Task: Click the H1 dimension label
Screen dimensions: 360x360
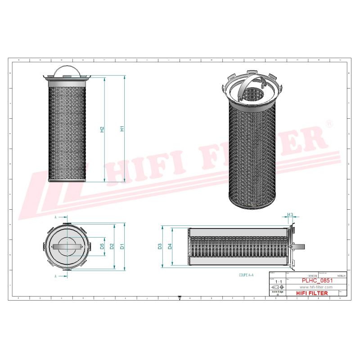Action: tap(121, 129)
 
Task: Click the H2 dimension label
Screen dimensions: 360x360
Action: tap(102, 129)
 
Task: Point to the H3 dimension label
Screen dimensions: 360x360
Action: tap(290, 214)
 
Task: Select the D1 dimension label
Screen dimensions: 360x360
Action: tap(122, 246)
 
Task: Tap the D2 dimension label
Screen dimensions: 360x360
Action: tap(112, 246)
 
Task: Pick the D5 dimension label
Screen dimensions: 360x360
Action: tap(102, 246)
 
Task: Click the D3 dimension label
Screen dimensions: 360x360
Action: tap(160, 246)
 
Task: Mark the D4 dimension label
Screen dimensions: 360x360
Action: tap(170, 246)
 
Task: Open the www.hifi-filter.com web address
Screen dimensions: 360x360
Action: tap(315, 287)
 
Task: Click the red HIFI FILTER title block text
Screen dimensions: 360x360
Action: tap(312, 293)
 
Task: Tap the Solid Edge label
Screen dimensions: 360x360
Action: tap(277, 292)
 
